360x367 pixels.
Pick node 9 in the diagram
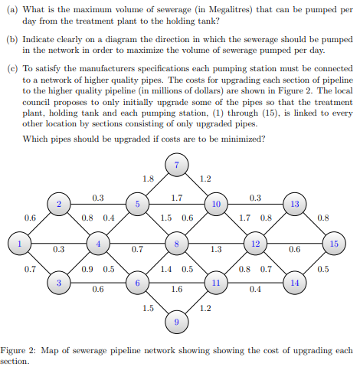177,322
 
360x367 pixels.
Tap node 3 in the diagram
59,283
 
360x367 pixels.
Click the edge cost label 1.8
148,179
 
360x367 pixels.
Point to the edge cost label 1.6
177,289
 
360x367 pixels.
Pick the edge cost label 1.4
166,269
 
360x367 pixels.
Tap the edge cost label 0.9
87,269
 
